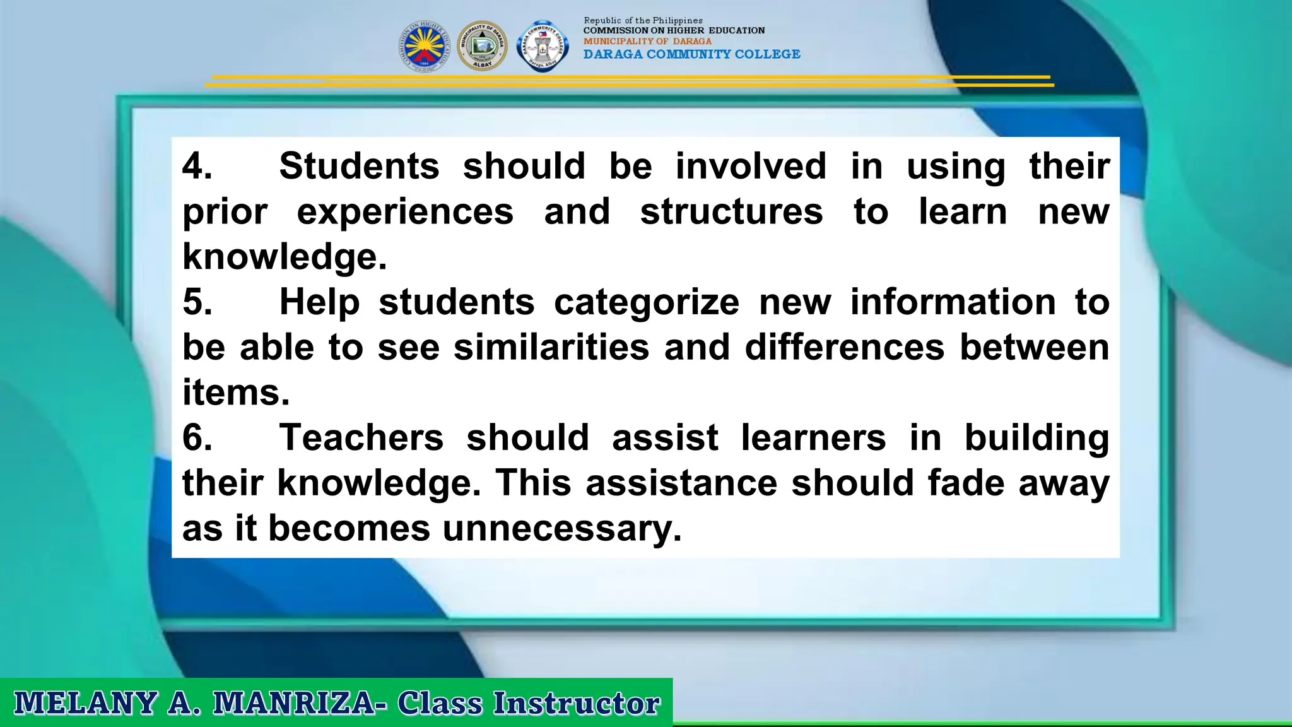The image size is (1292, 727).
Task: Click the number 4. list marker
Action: click(197, 167)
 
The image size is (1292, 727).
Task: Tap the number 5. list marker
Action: click(197, 302)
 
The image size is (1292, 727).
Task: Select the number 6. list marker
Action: click(197, 438)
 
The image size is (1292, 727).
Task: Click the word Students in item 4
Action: click(359, 167)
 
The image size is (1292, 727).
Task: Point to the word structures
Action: click(731, 212)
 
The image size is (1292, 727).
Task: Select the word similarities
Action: click(551, 348)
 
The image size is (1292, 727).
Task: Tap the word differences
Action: click(844, 348)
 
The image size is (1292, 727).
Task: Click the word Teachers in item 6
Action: click(361, 438)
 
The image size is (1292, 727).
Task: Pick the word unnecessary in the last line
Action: click(561, 529)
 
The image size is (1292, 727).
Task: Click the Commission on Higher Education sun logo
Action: click(425, 46)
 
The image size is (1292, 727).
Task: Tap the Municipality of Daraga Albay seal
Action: click(482, 46)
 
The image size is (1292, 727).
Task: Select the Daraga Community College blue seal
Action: click(542, 46)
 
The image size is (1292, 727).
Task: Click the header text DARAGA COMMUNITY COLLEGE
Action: click(691, 54)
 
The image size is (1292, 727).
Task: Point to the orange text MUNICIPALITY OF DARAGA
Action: click(647, 41)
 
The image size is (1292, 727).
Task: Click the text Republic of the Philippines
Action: click(643, 20)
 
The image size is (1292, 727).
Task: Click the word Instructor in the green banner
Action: click(576, 703)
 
